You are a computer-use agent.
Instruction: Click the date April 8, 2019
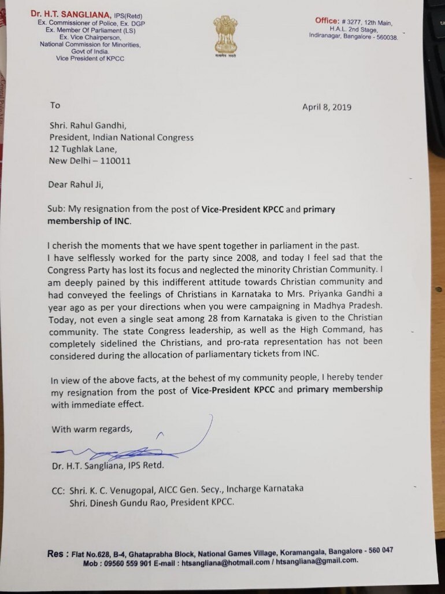[x=327, y=107]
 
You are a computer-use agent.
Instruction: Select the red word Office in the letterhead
[x=327, y=21]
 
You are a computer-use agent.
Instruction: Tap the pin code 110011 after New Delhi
[x=113, y=160]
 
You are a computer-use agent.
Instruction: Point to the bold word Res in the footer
[x=55, y=553]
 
